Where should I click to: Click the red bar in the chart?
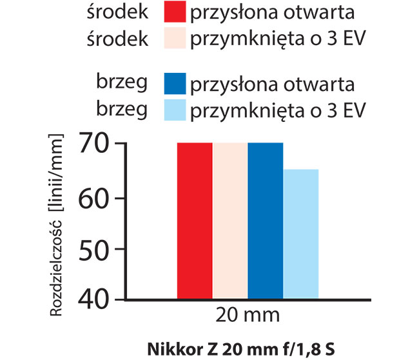[195, 221]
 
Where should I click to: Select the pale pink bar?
[230, 221]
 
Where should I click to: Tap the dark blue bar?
[265, 221]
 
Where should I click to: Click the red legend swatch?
[175, 12]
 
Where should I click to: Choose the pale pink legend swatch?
[175, 39]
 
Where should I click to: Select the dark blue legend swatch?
[175, 85]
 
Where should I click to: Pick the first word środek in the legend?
[118, 12]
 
